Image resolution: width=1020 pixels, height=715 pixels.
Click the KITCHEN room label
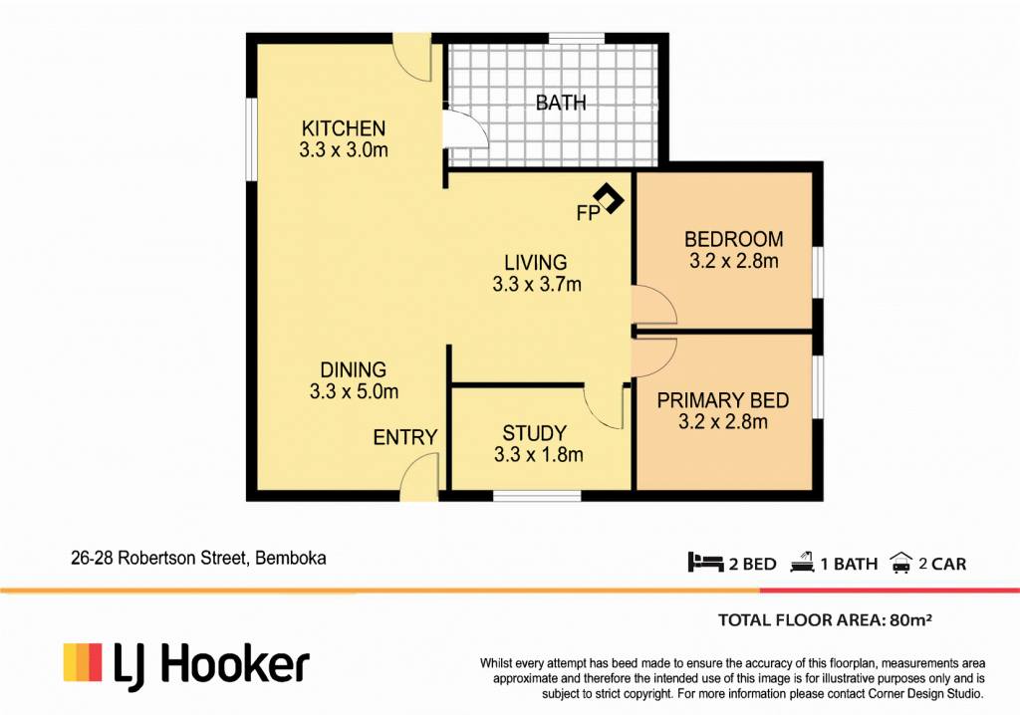pyautogui.click(x=344, y=128)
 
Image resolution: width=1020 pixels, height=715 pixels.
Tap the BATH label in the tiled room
pyautogui.click(x=561, y=103)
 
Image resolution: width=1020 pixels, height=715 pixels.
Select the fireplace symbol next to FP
pyautogui.click(x=609, y=198)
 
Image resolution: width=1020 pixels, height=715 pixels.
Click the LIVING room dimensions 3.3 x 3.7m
pyautogui.click(x=537, y=285)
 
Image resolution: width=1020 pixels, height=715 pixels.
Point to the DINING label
pyautogui.click(x=354, y=369)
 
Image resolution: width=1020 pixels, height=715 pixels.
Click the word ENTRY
pyautogui.click(x=405, y=437)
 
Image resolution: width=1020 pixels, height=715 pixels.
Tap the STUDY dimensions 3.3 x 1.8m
pyautogui.click(x=538, y=454)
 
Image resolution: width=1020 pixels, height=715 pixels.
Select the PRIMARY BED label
pyautogui.click(x=723, y=400)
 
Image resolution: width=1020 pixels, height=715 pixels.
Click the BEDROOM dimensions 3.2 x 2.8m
pyautogui.click(x=734, y=261)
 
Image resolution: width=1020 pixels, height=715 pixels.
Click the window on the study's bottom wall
pyautogui.click(x=537, y=496)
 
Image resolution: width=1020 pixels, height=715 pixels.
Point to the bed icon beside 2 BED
pyautogui.click(x=705, y=562)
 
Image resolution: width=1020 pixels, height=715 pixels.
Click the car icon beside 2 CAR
pyautogui.click(x=900, y=563)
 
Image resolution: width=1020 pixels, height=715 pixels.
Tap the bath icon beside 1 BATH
pyautogui.click(x=802, y=562)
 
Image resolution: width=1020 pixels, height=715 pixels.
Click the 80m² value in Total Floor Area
pyautogui.click(x=910, y=620)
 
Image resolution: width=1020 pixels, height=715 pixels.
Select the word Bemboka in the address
pyautogui.click(x=291, y=559)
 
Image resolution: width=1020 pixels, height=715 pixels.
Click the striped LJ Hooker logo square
pyautogui.click(x=83, y=662)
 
